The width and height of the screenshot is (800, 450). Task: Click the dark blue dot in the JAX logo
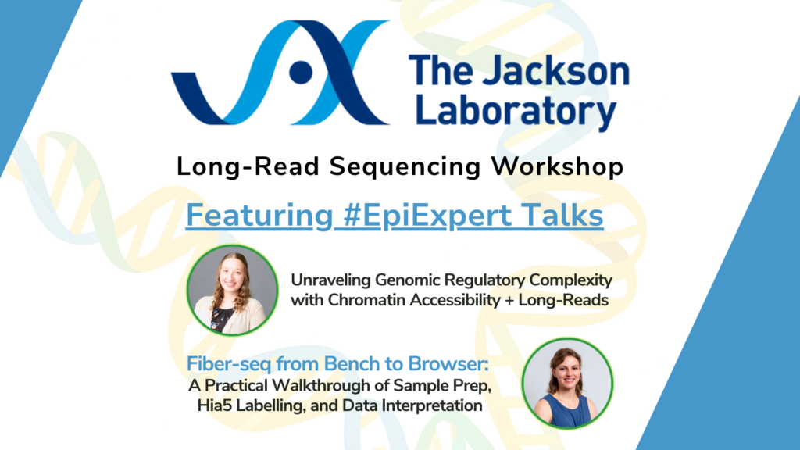tap(301, 73)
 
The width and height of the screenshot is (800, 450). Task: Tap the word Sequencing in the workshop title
tap(405, 166)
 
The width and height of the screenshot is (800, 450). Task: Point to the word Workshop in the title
tap(557, 166)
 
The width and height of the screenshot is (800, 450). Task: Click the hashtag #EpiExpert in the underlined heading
tap(427, 215)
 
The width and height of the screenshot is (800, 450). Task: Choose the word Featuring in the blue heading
tap(259, 216)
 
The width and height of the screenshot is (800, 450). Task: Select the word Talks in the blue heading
tap(562, 215)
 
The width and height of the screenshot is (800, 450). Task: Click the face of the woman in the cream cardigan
tap(232, 277)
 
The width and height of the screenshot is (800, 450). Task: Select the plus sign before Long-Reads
tap(509, 301)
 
